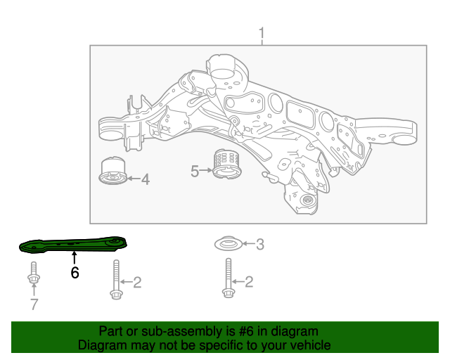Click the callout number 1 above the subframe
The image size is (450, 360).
pyautogui.click(x=262, y=33)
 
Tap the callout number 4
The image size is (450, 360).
pyautogui.click(x=145, y=180)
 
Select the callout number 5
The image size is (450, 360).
pyautogui.click(x=195, y=170)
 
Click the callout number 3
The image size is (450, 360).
pyautogui.click(x=259, y=245)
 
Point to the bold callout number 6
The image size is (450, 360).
pyautogui.click(x=75, y=272)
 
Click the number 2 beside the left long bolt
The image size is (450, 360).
pyautogui.click(x=137, y=283)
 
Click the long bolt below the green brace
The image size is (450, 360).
pyautogui.click(x=116, y=280)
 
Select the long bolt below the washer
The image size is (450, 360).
pyautogui.click(x=226, y=280)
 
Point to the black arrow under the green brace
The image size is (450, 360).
pyautogui.click(x=75, y=258)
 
